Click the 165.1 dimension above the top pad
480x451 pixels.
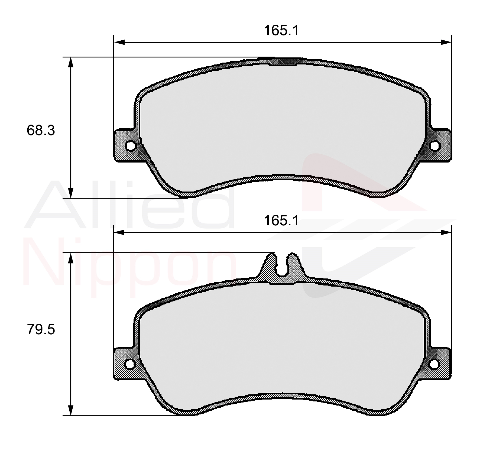[x=281, y=30]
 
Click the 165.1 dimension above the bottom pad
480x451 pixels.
[x=281, y=220]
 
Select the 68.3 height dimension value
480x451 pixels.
[x=41, y=130]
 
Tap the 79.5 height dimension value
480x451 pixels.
[x=41, y=330]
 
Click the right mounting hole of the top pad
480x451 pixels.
[x=434, y=146]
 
